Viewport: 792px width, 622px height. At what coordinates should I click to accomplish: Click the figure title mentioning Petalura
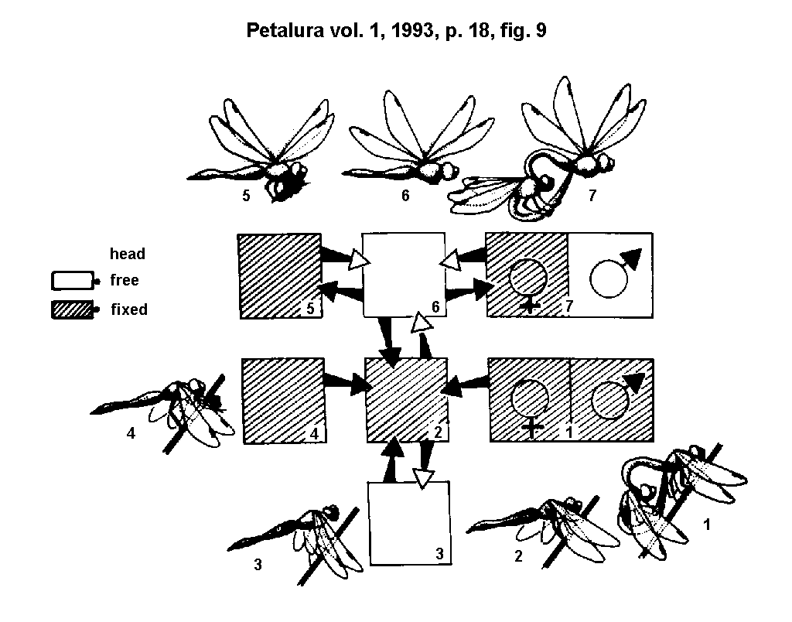(x=396, y=31)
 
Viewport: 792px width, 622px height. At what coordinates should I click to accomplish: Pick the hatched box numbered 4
(x=283, y=400)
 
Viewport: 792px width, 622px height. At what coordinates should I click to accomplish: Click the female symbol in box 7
(x=528, y=282)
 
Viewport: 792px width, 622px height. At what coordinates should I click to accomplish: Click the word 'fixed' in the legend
(x=128, y=309)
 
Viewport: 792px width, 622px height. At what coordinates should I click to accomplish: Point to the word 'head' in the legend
(x=128, y=254)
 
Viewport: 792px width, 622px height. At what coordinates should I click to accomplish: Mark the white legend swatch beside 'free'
(x=72, y=280)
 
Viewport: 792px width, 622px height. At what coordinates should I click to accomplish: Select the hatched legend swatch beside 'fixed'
(x=72, y=309)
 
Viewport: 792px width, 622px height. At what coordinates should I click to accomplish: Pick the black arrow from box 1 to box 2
(x=469, y=383)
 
